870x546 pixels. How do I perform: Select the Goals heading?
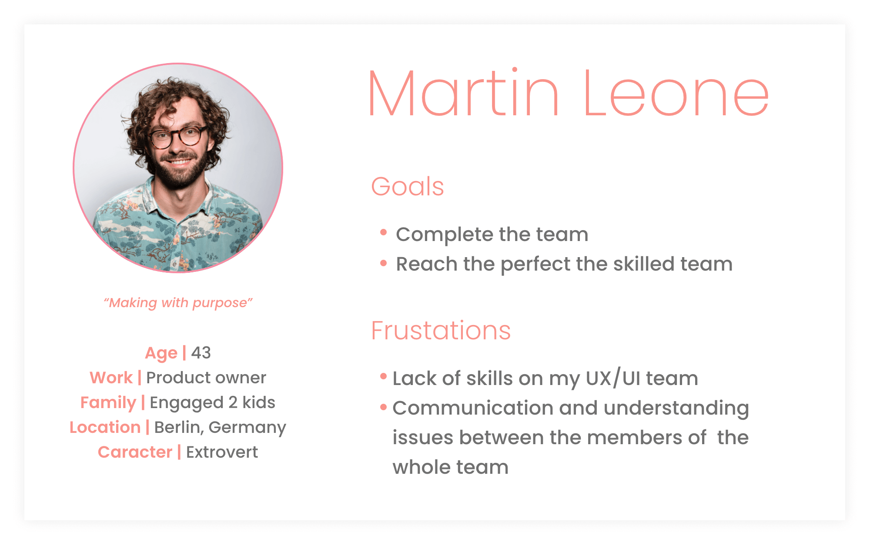[408, 187]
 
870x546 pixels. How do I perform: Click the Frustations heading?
[441, 330]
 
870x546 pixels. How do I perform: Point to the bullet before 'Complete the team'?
[383, 232]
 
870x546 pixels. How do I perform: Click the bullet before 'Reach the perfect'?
[383, 263]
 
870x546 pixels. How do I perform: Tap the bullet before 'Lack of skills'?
[383, 376]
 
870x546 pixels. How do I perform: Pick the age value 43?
[201, 353]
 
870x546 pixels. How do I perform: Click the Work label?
[111, 378]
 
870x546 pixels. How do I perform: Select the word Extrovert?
[222, 452]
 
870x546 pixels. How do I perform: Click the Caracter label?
[135, 452]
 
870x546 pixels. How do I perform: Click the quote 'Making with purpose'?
[178, 303]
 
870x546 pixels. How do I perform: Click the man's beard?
[178, 172]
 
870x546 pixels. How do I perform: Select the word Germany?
[247, 428]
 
